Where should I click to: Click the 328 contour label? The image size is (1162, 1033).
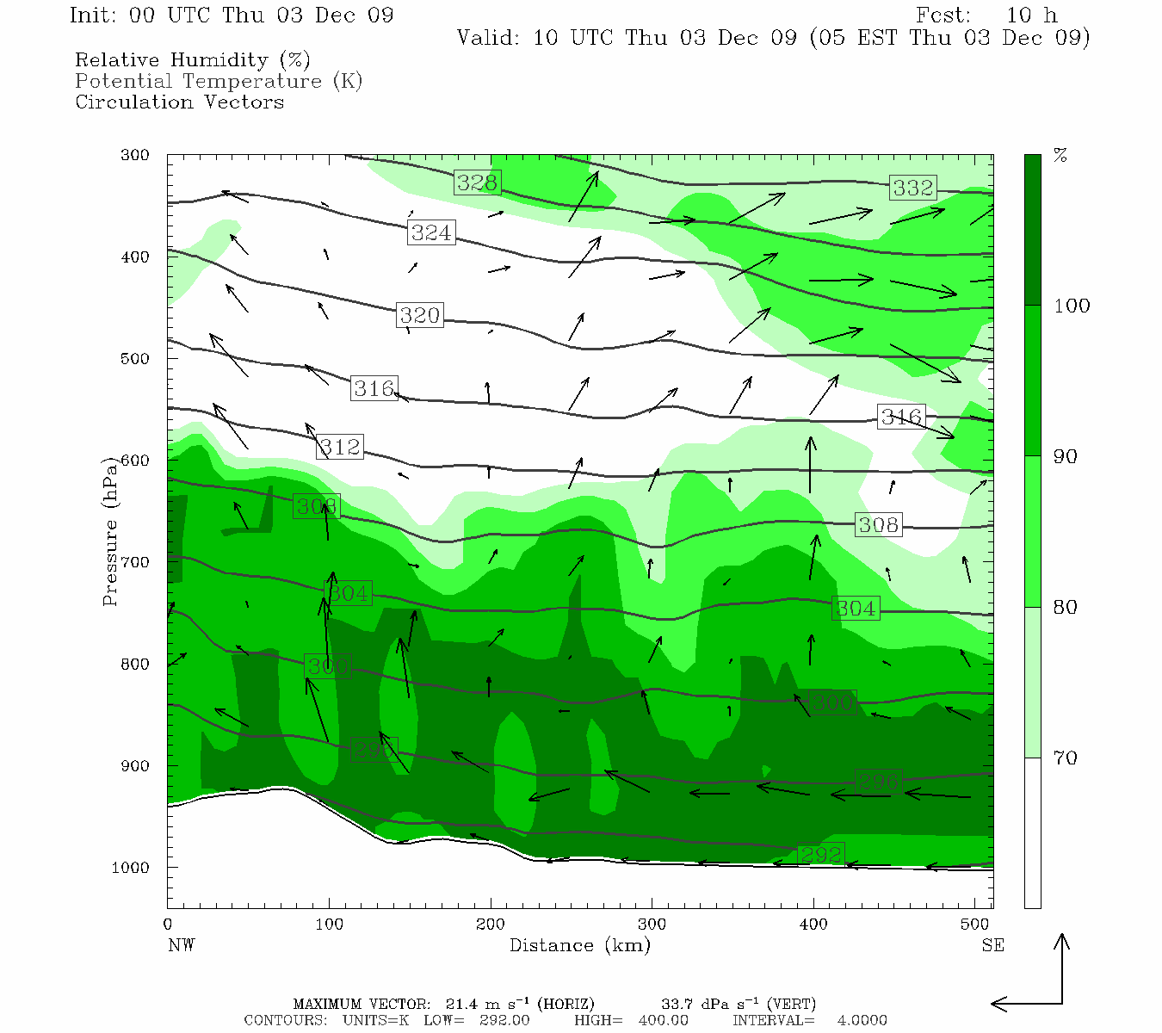point(477,182)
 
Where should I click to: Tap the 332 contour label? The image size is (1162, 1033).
point(912,188)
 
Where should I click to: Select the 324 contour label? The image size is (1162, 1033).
point(431,232)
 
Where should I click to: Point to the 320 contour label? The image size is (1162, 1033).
point(420,315)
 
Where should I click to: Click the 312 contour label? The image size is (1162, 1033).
point(340,447)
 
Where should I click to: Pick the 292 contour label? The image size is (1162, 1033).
point(820,855)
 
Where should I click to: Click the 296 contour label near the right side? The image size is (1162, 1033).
point(879,782)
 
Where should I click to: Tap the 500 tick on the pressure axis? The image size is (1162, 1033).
point(134,359)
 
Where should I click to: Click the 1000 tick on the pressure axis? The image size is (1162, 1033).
point(131,868)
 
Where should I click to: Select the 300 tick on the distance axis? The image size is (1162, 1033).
point(652,925)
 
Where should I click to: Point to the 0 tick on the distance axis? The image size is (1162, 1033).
point(168,925)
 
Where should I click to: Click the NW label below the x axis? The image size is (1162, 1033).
point(181,945)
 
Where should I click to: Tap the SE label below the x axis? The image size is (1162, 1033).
point(992,945)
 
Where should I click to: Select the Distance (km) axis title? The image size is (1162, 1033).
point(580,945)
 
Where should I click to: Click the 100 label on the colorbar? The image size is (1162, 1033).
point(1072,306)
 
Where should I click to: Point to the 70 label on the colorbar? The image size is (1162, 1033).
point(1066,758)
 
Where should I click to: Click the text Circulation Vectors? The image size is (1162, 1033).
point(179,102)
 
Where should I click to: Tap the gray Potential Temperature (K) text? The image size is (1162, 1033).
point(219,81)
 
